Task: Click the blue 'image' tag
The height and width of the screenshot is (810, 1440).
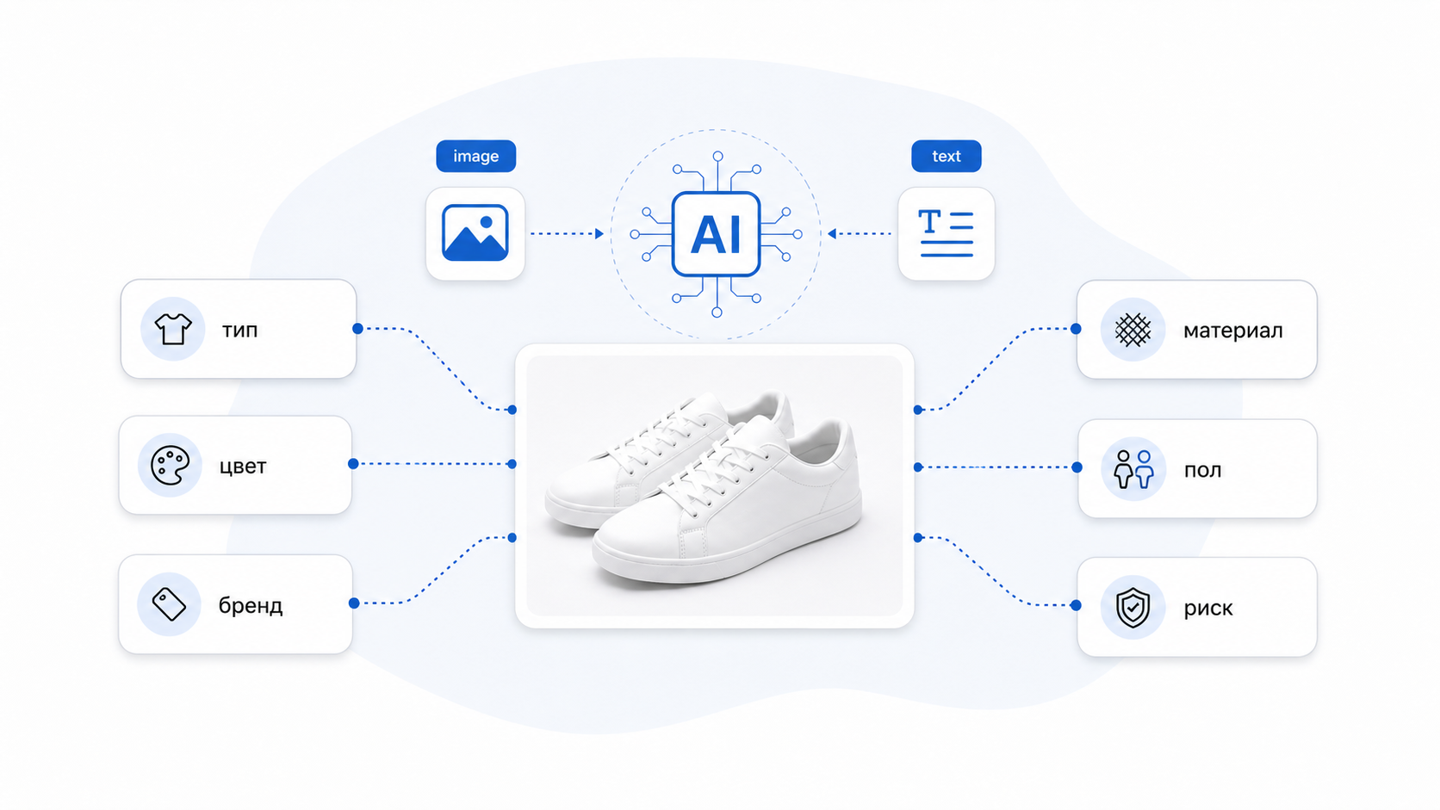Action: point(475,156)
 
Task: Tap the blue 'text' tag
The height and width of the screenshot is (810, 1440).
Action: point(947,156)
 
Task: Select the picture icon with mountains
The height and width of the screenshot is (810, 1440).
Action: point(475,233)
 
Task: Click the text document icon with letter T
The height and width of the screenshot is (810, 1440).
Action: point(947,233)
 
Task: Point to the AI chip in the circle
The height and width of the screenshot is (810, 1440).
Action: point(717,234)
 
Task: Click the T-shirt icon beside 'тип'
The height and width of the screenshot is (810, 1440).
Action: point(173,329)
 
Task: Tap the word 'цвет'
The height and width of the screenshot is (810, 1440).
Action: point(243,466)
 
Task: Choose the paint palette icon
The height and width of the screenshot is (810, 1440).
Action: point(170,465)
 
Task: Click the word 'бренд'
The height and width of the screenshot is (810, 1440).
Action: point(251,605)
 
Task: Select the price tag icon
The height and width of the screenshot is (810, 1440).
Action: point(169,604)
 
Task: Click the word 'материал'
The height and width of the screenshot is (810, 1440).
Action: point(1233,331)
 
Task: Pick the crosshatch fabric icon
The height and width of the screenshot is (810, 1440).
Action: point(1133,331)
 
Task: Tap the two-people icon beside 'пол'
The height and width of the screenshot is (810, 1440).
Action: point(1134,469)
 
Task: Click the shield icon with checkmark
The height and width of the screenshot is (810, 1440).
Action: point(1133,607)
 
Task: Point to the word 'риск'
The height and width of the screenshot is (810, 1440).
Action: point(1208,608)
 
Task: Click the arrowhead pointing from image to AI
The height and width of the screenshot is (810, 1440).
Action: point(599,234)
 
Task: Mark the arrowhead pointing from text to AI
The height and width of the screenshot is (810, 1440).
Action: point(832,234)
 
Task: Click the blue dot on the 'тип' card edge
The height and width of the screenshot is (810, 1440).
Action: point(358,329)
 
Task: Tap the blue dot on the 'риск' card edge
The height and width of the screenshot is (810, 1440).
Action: point(1077,605)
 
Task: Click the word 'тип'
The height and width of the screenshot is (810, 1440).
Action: point(239,331)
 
